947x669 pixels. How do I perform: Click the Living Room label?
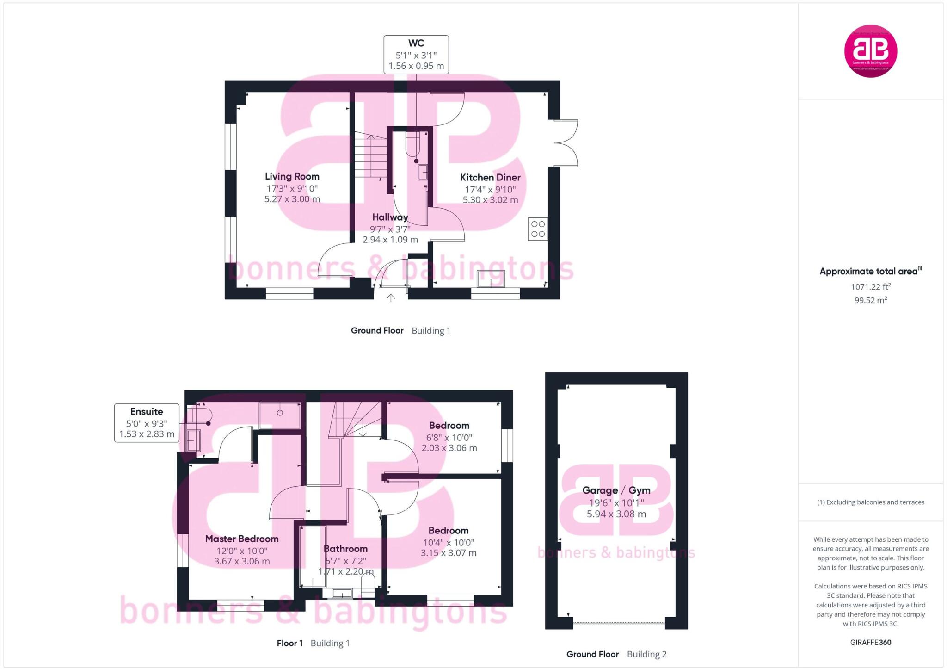pos(292,176)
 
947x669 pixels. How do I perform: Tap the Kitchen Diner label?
pos(490,177)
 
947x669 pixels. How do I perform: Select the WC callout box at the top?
pos(416,55)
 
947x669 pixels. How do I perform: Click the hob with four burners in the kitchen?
pos(538,229)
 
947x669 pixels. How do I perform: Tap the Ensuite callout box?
pos(147,423)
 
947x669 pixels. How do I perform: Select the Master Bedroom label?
pos(241,539)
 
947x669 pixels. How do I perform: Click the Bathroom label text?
pos(345,549)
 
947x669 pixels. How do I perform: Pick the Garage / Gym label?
pos(616,490)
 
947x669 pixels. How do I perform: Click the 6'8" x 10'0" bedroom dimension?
pos(449,437)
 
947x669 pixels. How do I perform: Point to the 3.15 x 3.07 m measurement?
pos(449,553)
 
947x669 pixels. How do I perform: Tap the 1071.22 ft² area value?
pos(870,287)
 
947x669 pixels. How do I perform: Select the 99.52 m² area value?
pos(870,300)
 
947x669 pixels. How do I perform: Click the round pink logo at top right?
pos(870,51)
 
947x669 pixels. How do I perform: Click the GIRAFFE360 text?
pos(870,642)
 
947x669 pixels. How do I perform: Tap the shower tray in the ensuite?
pos(279,415)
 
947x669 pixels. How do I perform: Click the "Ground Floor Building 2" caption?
pos(616,654)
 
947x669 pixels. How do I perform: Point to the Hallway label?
pos(390,217)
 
